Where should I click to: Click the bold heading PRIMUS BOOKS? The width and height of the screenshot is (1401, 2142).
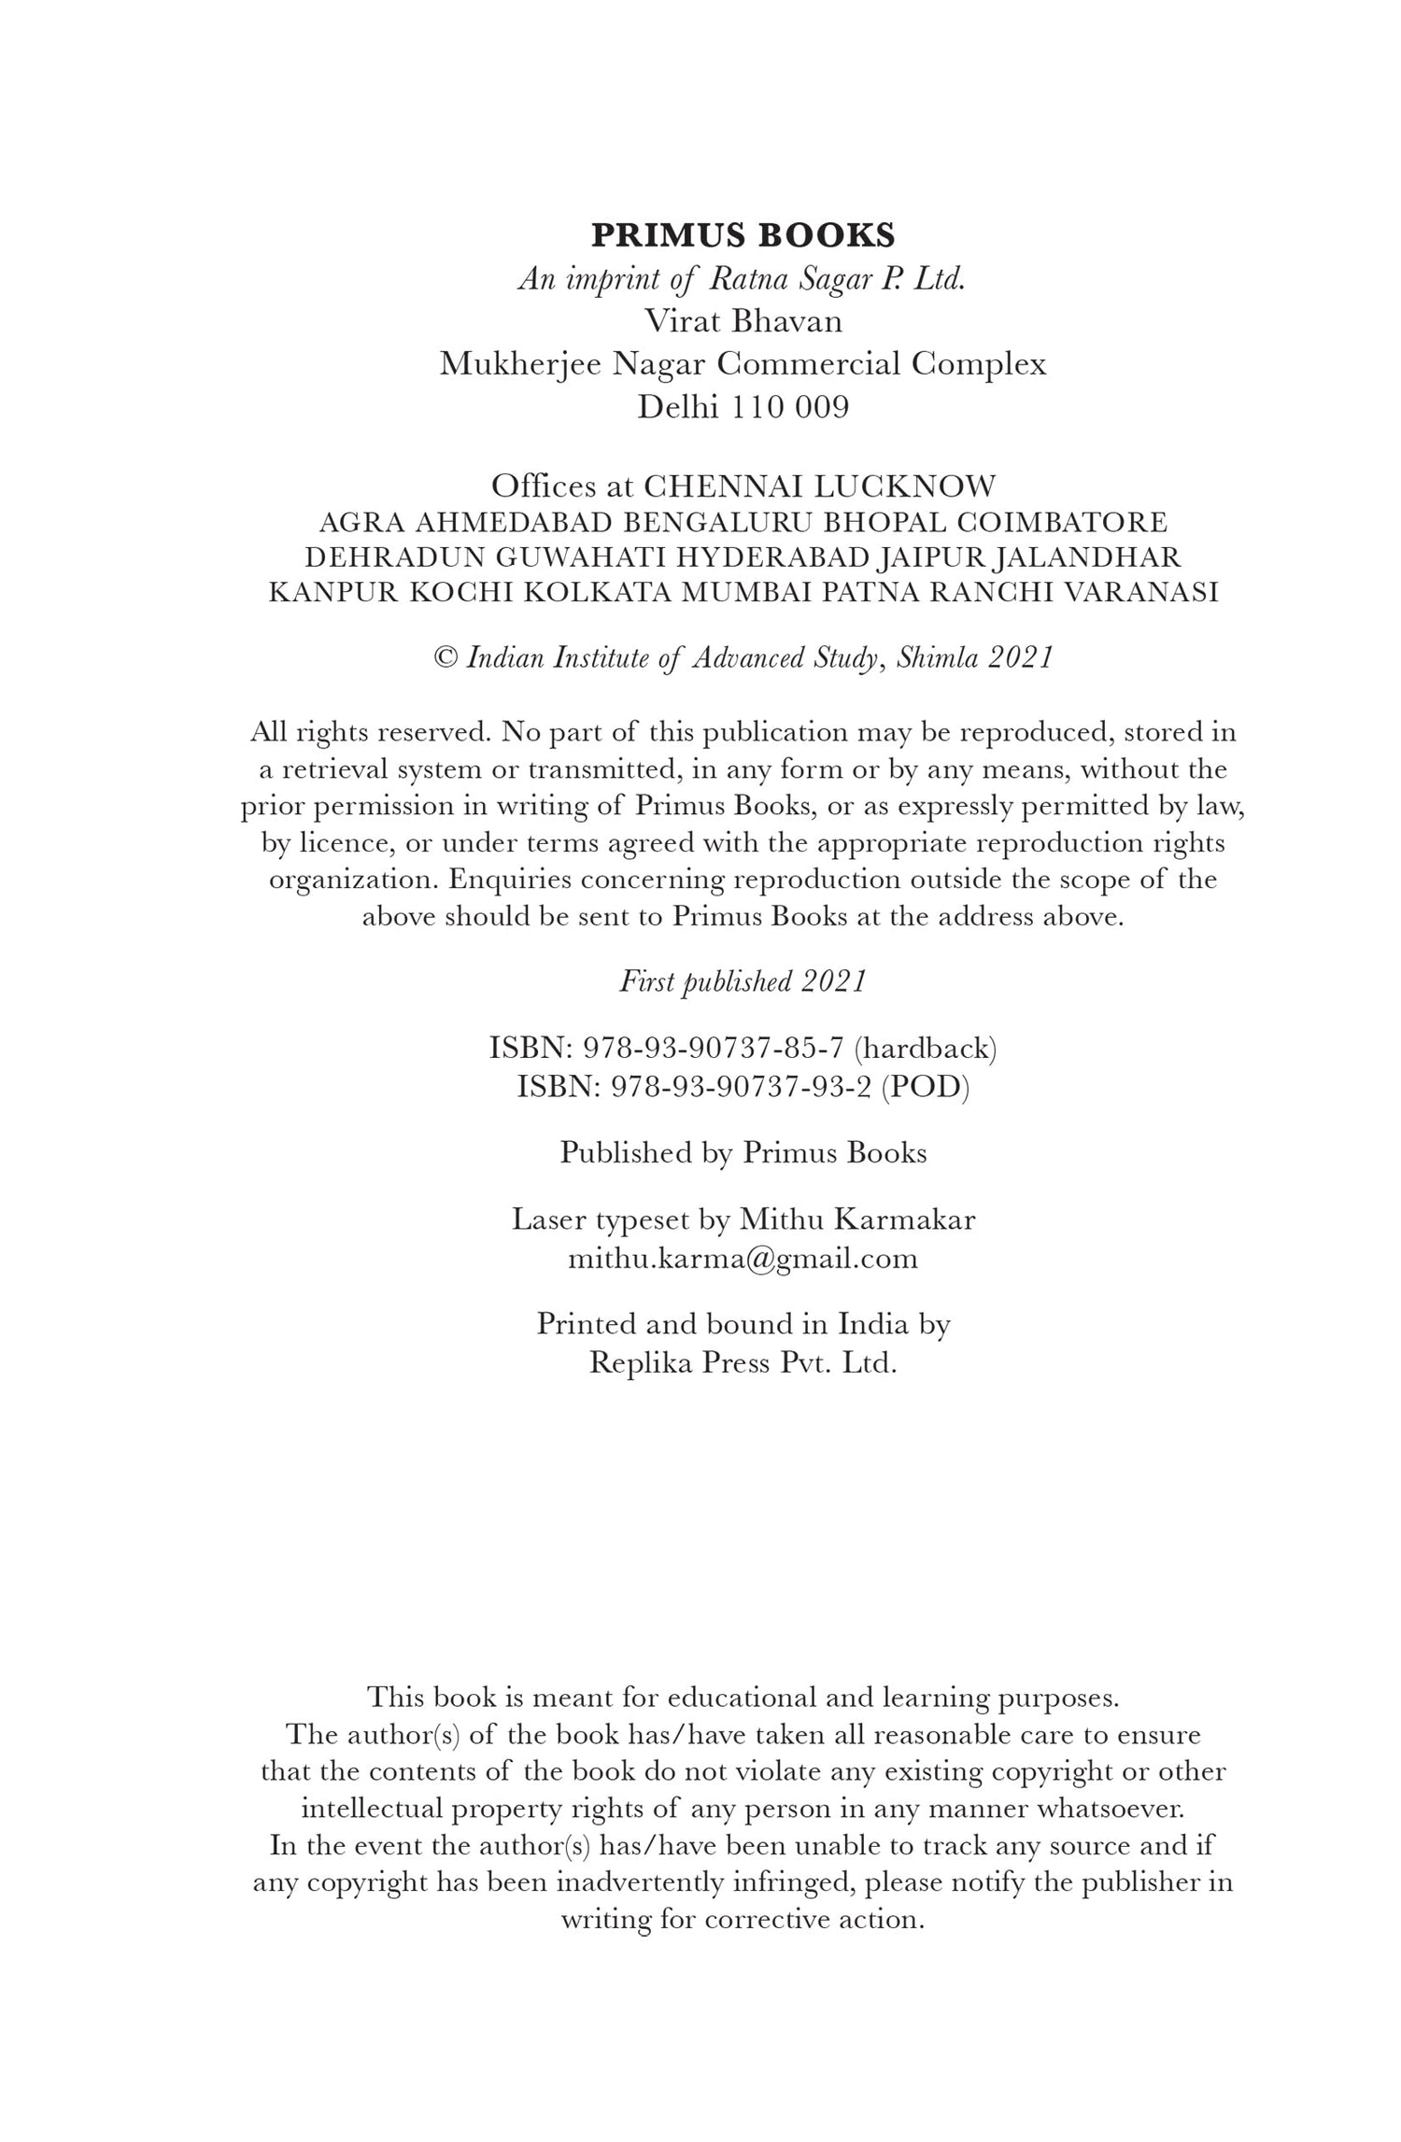(x=743, y=235)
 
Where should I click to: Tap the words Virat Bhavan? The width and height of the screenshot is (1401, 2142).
(x=743, y=321)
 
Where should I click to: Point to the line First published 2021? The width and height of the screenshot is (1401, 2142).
(x=743, y=981)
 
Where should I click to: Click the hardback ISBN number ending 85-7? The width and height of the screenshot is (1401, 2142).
(x=714, y=1049)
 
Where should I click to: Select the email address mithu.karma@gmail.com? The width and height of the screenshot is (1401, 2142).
(x=743, y=1259)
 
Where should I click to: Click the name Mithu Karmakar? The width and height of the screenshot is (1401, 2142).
(x=856, y=1219)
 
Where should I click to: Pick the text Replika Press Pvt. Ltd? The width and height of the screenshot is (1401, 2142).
(x=743, y=1363)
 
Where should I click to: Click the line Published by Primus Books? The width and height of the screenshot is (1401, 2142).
(x=743, y=1153)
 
